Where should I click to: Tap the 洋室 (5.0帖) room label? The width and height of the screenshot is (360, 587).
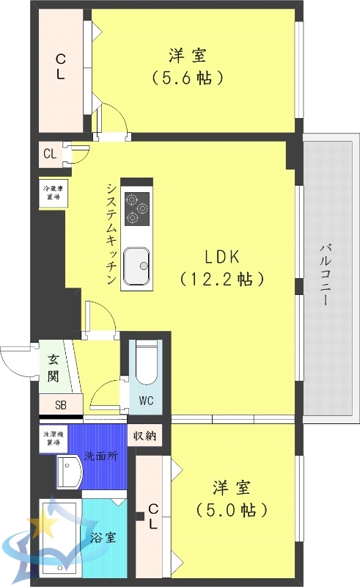(x=231, y=497)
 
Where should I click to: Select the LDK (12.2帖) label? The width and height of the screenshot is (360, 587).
(x=222, y=268)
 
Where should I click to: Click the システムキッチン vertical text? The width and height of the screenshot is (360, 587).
(x=110, y=233)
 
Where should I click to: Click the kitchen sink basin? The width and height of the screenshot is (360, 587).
(x=136, y=266)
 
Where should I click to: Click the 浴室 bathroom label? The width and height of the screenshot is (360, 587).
(x=101, y=537)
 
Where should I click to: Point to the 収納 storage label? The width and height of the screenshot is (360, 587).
(x=144, y=435)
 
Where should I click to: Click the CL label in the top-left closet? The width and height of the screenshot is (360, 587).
(x=61, y=65)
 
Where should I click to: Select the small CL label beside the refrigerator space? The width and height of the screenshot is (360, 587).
(x=50, y=154)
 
